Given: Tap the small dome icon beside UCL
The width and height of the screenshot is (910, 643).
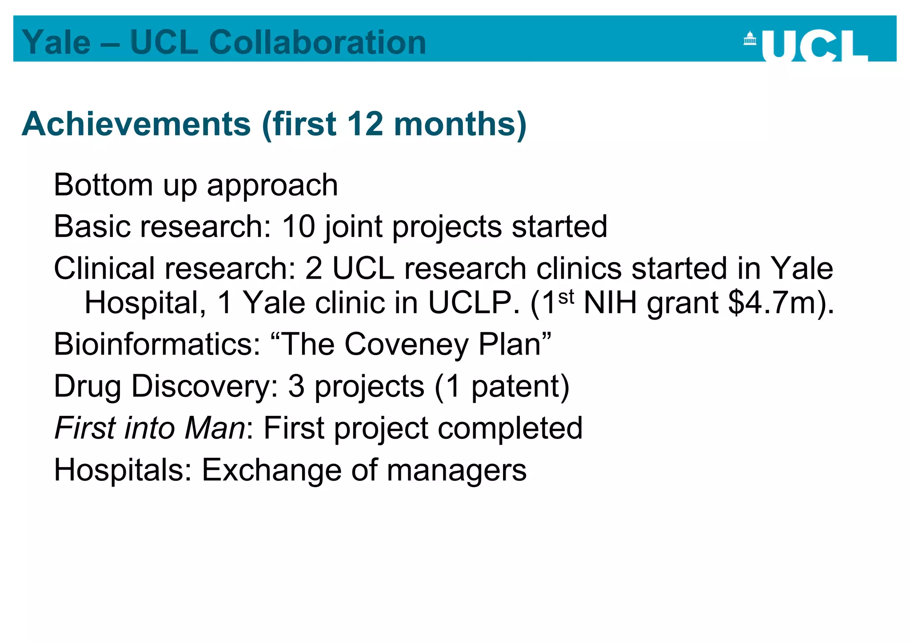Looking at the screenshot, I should coord(750,38).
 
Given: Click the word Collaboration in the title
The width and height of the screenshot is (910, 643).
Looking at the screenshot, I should coord(317,42).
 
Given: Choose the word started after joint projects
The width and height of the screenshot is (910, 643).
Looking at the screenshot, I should coord(559,226).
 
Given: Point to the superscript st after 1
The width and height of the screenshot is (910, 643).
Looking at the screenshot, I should coord(566,296).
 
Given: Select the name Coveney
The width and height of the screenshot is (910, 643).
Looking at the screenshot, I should coord(406,344).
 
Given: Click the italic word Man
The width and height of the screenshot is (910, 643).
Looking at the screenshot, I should coord(215,428).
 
